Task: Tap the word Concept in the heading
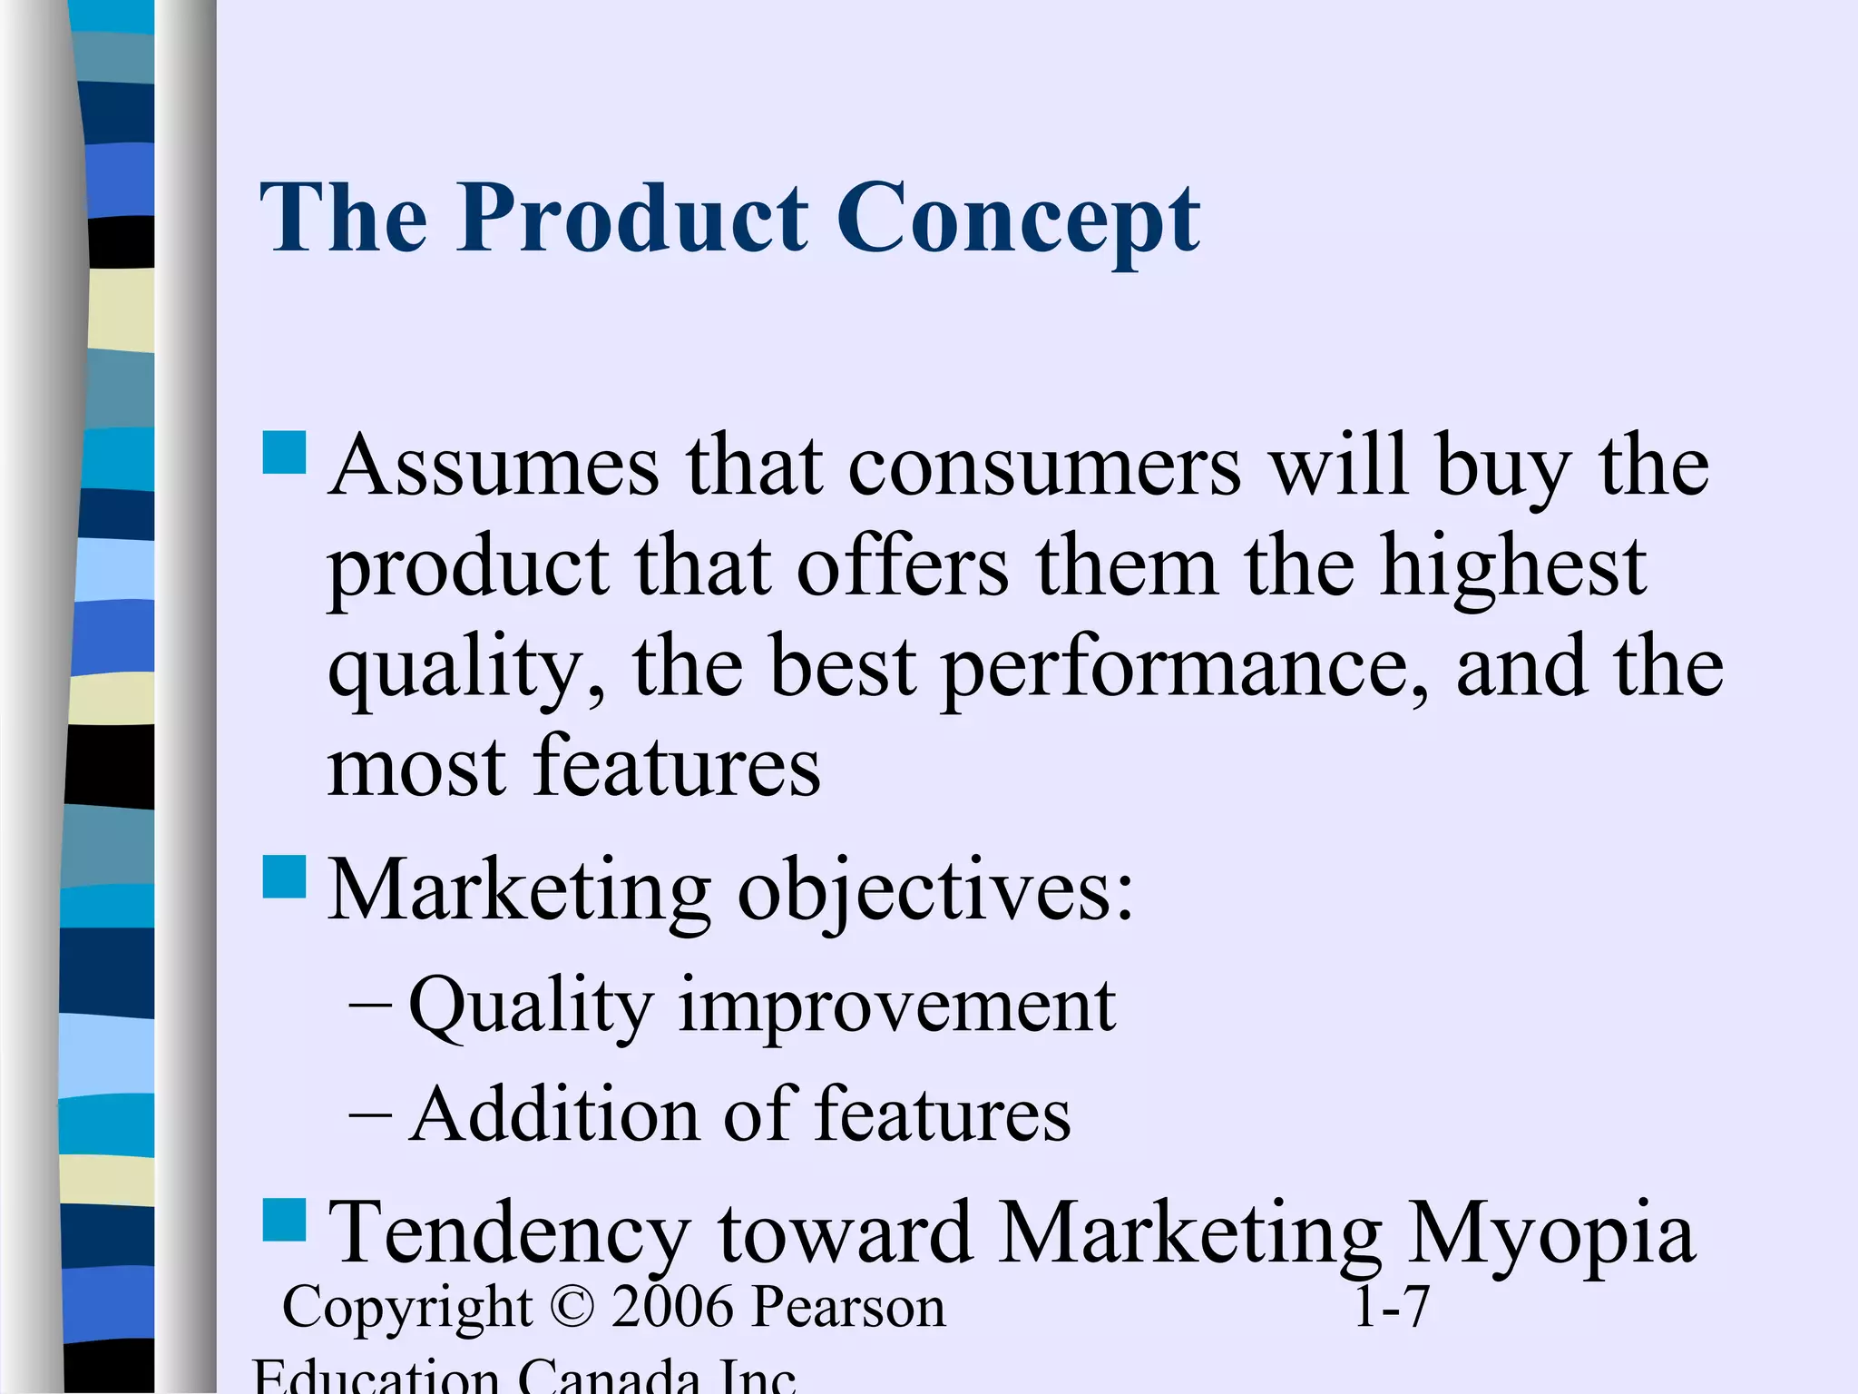(x=1018, y=220)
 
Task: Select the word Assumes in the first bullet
(x=494, y=466)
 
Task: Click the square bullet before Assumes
(x=284, y=452)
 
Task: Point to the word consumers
(x=1043, y=466)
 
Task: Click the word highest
(x=1512, y=568)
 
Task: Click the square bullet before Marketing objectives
(x=284, y=876)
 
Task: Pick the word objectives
(x=935, y=891)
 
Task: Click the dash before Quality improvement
(x=370, y=1006)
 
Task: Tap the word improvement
(x=896, y=1007)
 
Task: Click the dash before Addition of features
(x=370, y=1114)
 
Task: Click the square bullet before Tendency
(x=284, y=1219)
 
